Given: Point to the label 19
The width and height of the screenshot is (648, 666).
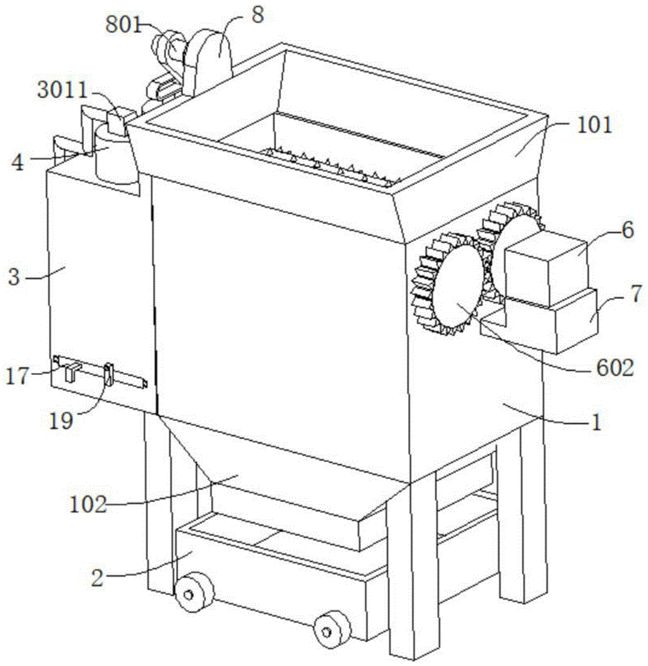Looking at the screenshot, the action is (x=61, y=422).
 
